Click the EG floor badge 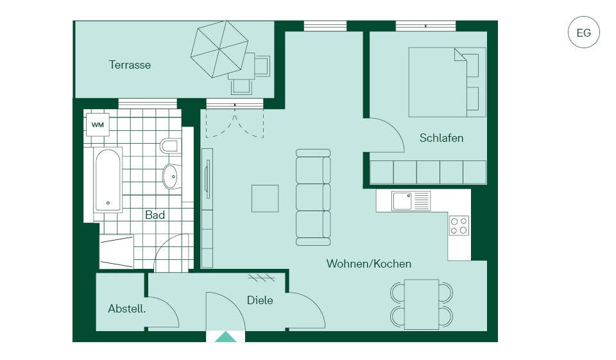tap(584, 32)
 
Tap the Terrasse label tap(130, 65)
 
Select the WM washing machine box tap(98, 125)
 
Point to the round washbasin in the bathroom tap(172, 176)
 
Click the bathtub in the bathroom tap(108, 180)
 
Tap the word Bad tap(155, 215)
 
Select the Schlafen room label tap(441, 138)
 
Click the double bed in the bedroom tap(447, 82)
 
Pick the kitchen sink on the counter tap(411, 201)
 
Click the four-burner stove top tap(459, 226)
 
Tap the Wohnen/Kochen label tap(369, 264)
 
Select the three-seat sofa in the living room tap(313, 197)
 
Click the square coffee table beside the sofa tap(265, 198)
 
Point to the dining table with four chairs tap(422, 305)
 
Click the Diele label tap(260, 300)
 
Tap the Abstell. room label tap(127, 309)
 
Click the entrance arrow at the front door tap(225, 337)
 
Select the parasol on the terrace tap(219, 49)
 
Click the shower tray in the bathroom tap(116, 252)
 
